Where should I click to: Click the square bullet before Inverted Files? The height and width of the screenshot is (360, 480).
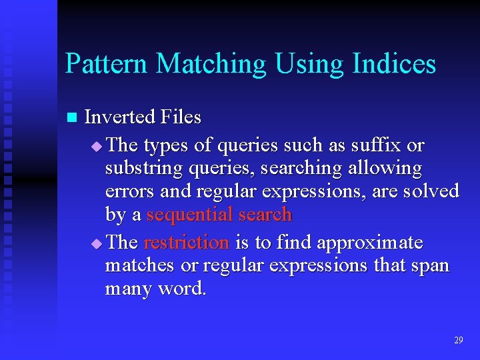pos(72,118)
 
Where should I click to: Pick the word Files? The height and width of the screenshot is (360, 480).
pos(181,117)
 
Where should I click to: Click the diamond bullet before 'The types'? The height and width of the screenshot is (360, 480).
pos(97,146)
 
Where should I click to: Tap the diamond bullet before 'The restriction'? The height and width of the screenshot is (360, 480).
pos(97,243)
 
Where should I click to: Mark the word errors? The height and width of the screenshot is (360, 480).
pos(126,192)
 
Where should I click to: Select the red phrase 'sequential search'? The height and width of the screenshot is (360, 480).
pos(219,215)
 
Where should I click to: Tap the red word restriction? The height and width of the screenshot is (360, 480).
pos(186,242)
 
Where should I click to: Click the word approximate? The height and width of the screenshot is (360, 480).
pos(369,243)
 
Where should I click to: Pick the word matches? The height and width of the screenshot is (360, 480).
pos(140,265)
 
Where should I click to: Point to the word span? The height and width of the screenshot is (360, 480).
pos(430,267)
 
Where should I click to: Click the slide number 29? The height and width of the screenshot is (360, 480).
pos(458,340)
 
